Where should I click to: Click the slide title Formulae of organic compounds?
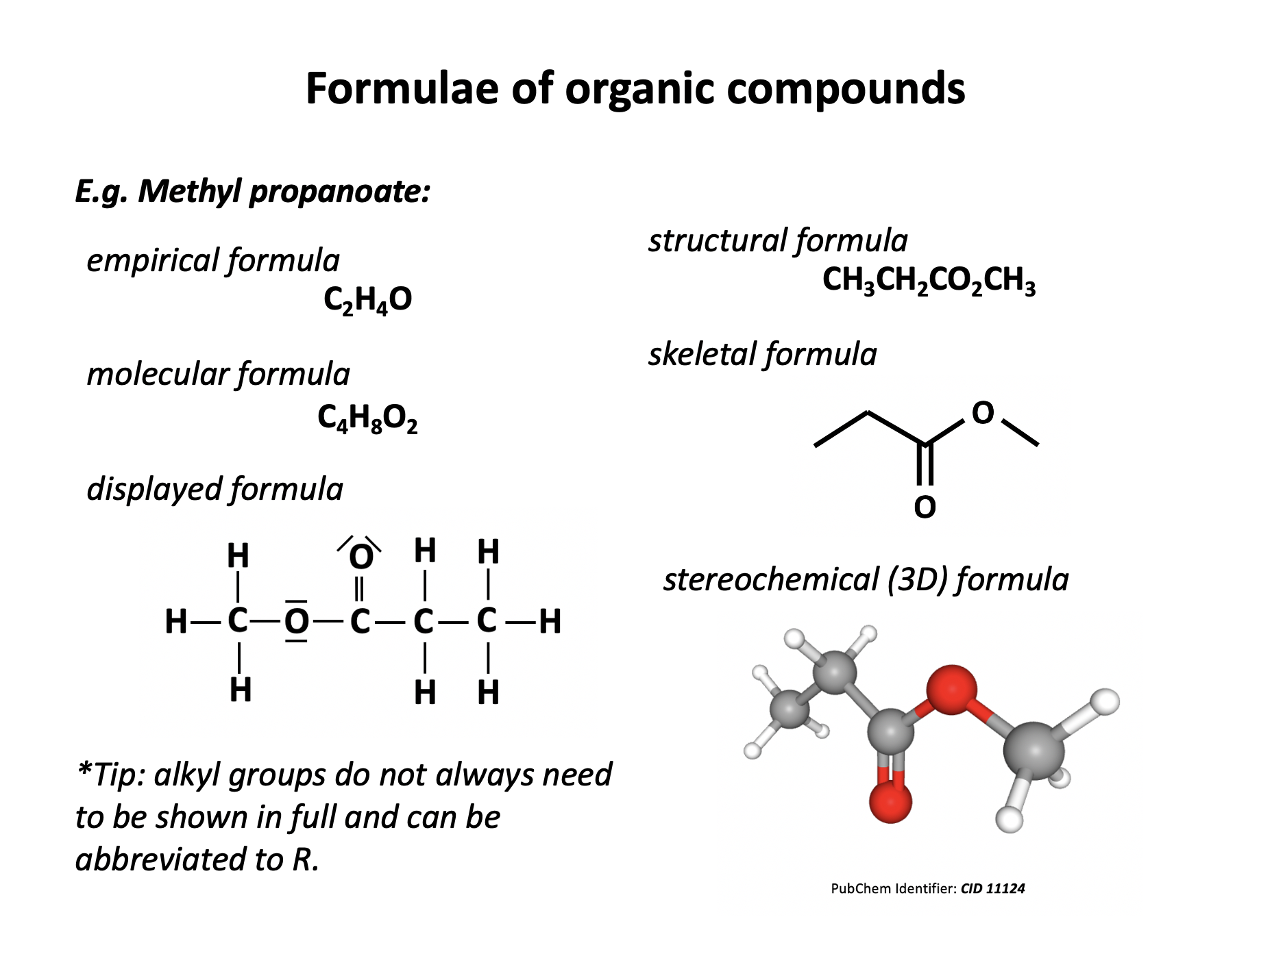point(635,89)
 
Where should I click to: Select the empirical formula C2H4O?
point(367,300)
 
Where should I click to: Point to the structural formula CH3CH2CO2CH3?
point(929,281)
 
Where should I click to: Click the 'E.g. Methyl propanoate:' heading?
point(252,191)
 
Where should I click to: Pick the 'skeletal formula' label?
point(762,355)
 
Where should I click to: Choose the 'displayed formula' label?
point(215,490)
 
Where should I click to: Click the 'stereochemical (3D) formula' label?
point(866,579)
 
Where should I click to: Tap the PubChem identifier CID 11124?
point(992,889)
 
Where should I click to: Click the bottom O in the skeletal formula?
point(925,507)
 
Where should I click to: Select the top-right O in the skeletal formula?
point(983,413)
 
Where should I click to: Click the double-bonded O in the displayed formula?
point(360,557)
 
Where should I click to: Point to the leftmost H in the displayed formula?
point(175,622)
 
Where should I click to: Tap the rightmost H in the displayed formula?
point(550,622)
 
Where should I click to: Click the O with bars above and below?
point(296,622)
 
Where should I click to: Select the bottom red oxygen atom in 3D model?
point(890,801)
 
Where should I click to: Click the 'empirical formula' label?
point(213,261)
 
